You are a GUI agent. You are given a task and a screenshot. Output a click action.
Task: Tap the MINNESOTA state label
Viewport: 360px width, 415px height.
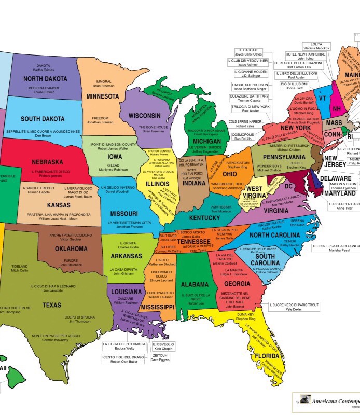(x=102, y=96)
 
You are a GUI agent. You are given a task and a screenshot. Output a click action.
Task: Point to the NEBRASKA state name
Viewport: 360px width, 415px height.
(x=47, y=162)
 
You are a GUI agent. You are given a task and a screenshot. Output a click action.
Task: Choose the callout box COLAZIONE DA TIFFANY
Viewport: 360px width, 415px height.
(x=250, y=99)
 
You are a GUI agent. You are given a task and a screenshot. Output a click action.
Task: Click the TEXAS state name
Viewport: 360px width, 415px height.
(x=51, y=305)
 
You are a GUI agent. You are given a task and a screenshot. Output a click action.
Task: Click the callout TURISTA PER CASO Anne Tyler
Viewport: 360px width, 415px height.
(x=344, y=206)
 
